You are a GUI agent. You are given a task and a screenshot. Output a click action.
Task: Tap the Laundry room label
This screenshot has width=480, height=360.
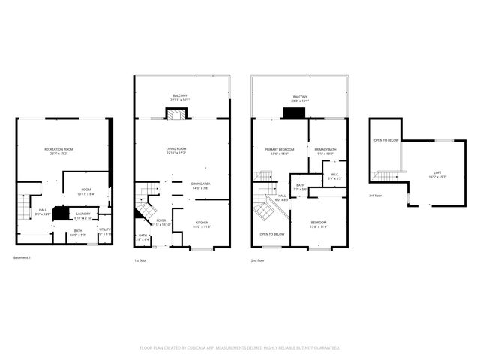click(x=82, y=215)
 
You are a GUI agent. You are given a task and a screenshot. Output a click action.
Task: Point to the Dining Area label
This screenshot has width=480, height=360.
click(x=200, y=186)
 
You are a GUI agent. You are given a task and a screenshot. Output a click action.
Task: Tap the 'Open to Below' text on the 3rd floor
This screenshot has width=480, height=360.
click(x=385, y=140)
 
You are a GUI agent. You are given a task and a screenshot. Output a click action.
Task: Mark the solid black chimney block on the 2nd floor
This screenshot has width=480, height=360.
click(x=292, y=113)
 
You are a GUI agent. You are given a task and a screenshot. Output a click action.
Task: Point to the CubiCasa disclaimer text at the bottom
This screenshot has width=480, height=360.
click(x=240, y=348)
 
